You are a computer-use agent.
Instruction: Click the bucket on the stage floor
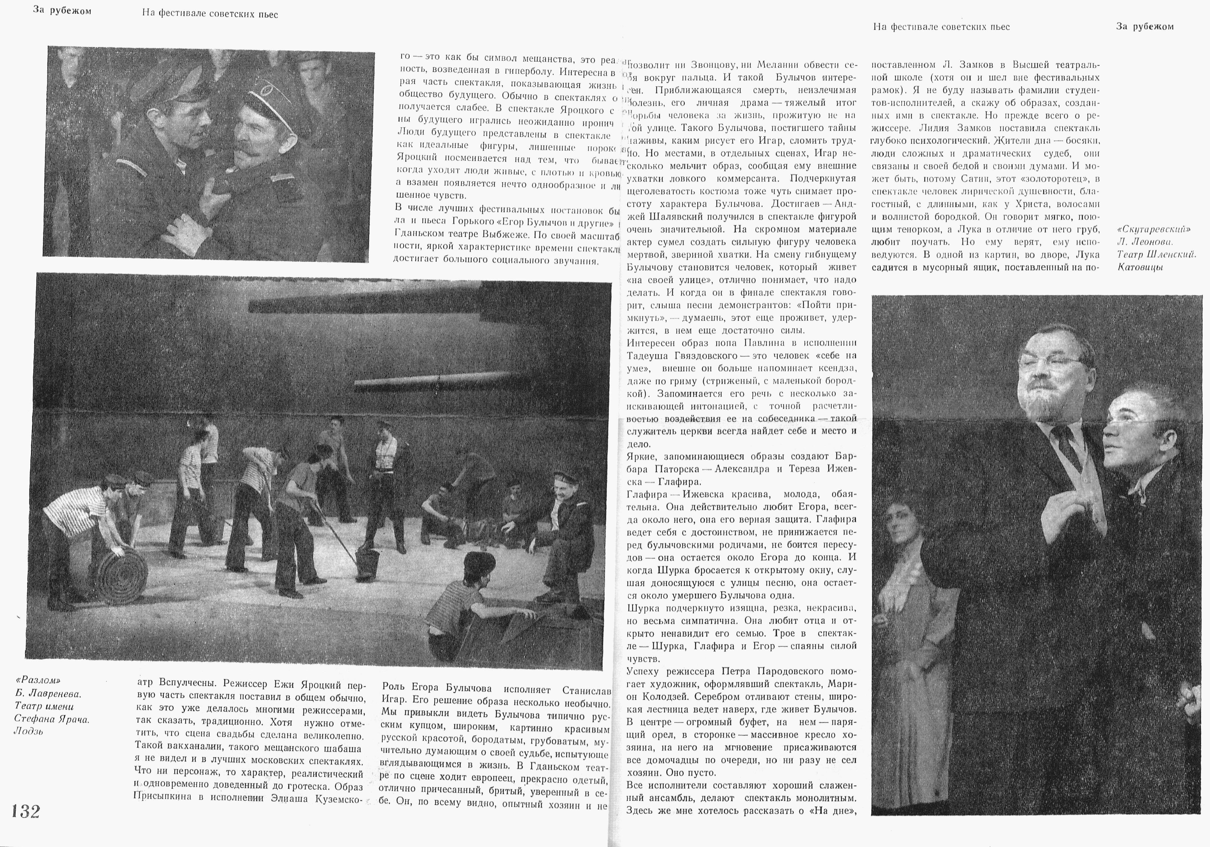click(x=367, y=564)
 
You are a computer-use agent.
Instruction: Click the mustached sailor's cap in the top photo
click(x=269, y=95)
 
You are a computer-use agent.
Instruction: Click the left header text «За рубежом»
click(x=62, y=11)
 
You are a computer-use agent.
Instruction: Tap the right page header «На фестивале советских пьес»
click(x=941, y=26)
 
